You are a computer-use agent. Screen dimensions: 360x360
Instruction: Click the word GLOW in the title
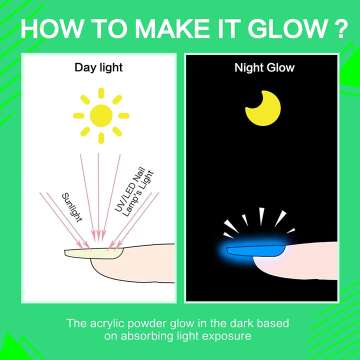coord(281,26)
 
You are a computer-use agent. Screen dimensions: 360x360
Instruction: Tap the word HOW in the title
coord(50,26)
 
